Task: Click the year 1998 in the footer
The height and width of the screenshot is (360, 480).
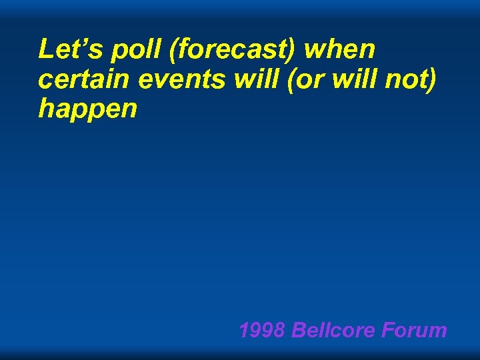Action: click(262, 330)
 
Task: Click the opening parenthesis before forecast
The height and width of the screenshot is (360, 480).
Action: click(163, 50)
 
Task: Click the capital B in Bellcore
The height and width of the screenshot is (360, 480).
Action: click(298, 330)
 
